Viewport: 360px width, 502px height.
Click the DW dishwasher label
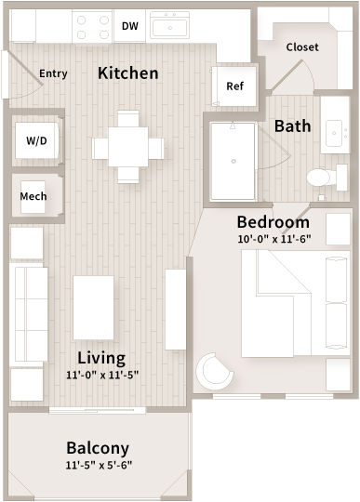[130, 26]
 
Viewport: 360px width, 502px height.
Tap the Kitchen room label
[128, 73]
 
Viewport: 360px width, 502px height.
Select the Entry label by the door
[53, 73]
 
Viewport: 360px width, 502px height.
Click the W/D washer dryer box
[37, 140]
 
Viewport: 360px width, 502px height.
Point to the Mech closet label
[33, 196]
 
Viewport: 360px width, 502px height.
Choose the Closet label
[302, 46]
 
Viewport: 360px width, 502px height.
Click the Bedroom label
[273, 221]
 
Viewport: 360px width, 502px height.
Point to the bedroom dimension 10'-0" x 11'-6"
[273, 238]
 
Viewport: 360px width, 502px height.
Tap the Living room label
[101, 357]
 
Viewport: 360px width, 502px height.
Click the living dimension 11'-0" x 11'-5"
[101, 375]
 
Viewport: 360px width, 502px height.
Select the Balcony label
[98, 447]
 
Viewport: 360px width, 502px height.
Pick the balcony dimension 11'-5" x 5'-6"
[98, 465]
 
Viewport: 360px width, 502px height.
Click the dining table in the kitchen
[128, 146]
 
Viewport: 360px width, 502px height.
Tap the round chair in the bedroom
[216, 372]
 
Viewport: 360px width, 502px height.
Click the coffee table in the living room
[94, 308]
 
